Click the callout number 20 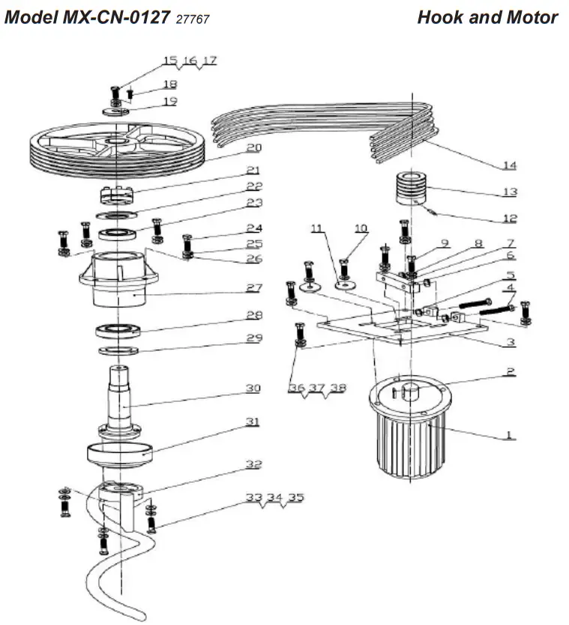(x=253, y=147)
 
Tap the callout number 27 (x=253, y=287)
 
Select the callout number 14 (x=510, y=165)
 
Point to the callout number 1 (x=510, y=433)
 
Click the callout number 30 (x=253, y=388)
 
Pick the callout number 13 (x=510, y=192)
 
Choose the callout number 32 (x=253, y=464)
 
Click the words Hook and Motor (x=487, y=17)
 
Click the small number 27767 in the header (x=192, y=19)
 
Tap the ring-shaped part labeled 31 (x=120, y=453)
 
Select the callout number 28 (x=253, y=314)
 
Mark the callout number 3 (x=510, y=342)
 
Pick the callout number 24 (x=253, y=228)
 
